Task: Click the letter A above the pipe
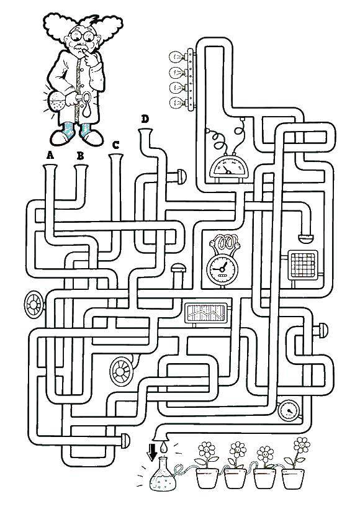50,156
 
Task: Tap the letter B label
80,156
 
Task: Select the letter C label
115,145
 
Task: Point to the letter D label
145,119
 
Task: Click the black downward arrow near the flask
152,452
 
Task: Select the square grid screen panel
304,265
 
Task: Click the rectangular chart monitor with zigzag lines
205,313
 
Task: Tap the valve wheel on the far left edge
34,304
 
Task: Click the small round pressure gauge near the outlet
289,412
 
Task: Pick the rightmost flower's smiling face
301,443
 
